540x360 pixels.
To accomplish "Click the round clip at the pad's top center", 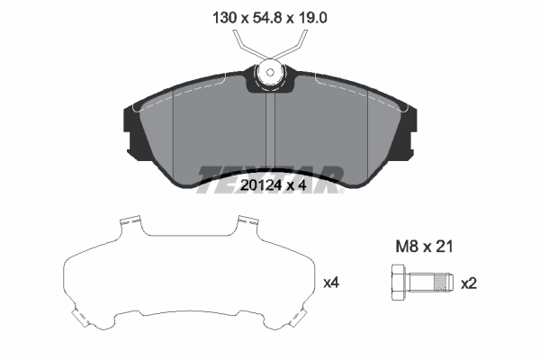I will pyautogui.click(x=269, y=73).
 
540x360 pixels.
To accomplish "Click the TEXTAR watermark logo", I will pyautogui.click(x=269, y=173).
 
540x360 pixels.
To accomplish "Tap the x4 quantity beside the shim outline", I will pyautogui.click(x=330, y=283).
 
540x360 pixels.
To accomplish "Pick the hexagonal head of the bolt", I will pyautogui.click(x=400, y=283).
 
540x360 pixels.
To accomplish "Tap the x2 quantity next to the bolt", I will pyautogui.click(x=468, y=283).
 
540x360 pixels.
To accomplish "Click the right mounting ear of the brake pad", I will pyautogui.click(x=410, y=133).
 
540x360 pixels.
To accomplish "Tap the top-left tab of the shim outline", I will pyautogui.click(x=131, y=220).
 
